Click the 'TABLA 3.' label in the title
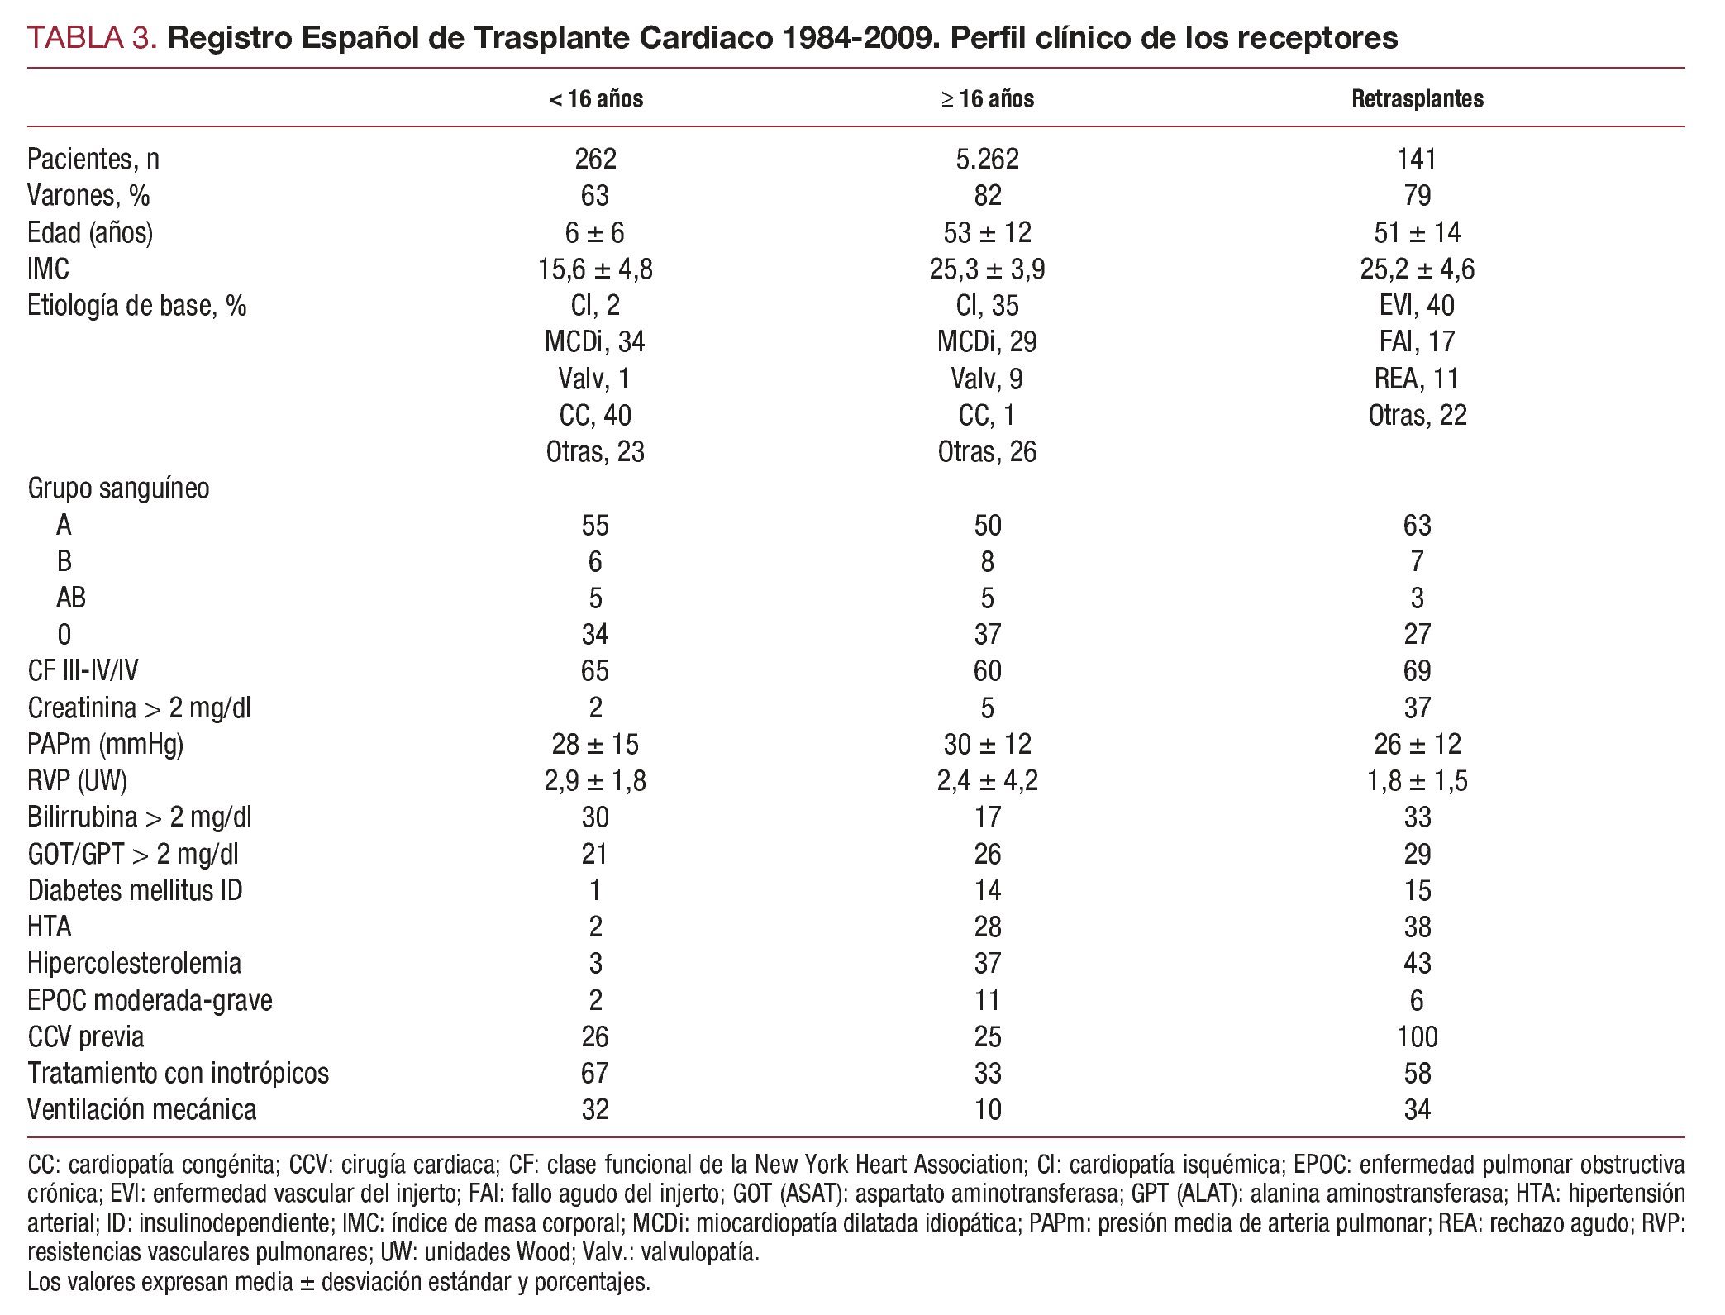click(92, 38)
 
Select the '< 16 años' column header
click(595, 99)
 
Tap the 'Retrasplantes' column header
click(1417, 99)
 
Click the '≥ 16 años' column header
click(987, 99)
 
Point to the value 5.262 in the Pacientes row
click(987, 159)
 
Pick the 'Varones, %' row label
click(88, 196)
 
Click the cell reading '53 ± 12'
click(987, 232)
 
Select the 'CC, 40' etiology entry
click(595, 415)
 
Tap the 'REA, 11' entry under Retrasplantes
click(1417, 379)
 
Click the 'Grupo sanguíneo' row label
click(118, 488)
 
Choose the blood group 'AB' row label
click(71, 598)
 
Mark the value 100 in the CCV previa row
click(1417, 1036)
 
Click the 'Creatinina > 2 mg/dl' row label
click(139, 708)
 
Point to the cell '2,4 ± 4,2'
click(987, 781)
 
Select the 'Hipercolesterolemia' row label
click(134, 964)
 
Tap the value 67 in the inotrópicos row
click(595, 1073)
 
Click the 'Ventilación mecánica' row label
click(141, 1109)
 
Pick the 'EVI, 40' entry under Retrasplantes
click(1417, 306)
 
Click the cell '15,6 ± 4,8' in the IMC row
click(595, 269)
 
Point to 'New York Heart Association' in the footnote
click(889, 1165)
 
